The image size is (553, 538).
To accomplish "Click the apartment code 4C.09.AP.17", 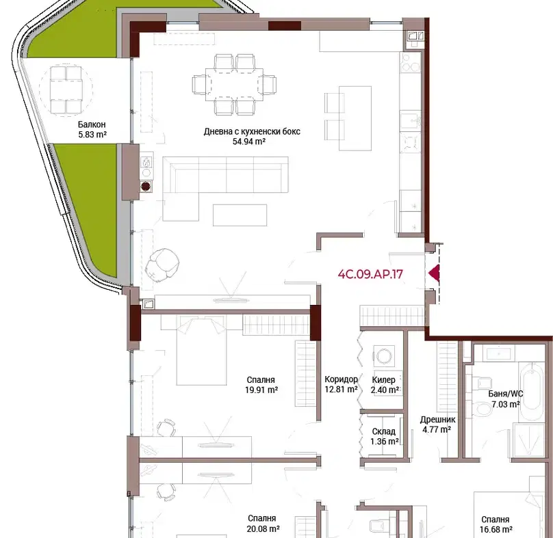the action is tap(370, 274).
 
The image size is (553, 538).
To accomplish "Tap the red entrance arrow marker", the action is tap(434, 273).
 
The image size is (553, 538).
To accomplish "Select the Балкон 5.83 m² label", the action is tap(92, 129).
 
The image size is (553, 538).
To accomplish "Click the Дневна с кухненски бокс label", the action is tap(252, 132).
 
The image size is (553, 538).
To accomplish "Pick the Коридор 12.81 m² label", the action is tap(341, 384).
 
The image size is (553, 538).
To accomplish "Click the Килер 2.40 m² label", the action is tap(385, 385).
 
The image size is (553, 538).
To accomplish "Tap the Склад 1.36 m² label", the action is tap(385, 436).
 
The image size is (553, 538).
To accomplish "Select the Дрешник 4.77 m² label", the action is tap(437, 425).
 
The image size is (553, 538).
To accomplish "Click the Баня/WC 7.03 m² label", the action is tap(506, 399).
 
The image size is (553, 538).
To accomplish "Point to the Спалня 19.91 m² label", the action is tap(261, 385).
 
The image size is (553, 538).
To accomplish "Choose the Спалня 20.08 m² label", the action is tap(263, 524).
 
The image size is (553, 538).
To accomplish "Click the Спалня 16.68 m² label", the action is tap(496, 524).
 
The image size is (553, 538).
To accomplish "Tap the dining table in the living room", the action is tap(235, 85).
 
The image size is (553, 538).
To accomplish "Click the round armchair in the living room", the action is tap(162, 264).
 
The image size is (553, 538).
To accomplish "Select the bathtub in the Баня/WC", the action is tap(532, 391).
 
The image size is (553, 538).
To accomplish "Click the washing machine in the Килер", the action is tap(383, 355).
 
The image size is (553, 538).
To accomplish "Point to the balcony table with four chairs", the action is tap(66, 90).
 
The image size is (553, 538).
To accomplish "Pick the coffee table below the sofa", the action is tap(240, 215).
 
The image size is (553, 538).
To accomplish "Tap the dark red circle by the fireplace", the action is tap(146, 186).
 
